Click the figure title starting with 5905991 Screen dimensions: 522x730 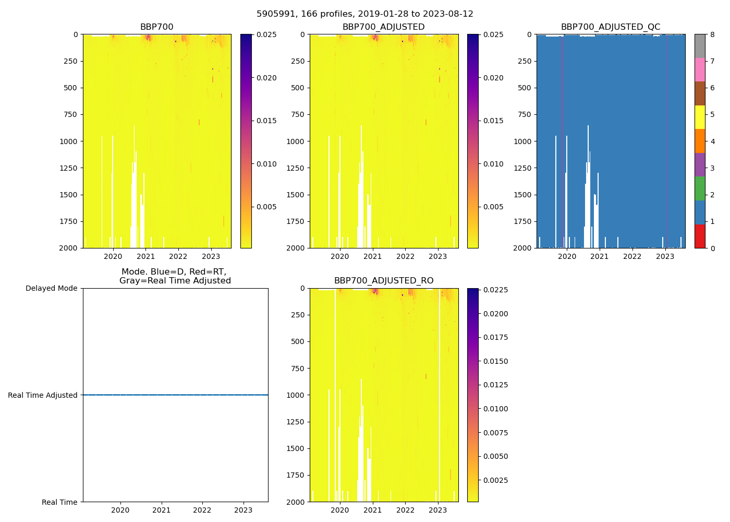pos(364,14)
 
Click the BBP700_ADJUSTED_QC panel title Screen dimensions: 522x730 pos(611,27)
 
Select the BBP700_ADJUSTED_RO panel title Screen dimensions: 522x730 pos(384,281)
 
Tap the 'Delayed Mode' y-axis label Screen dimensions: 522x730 pos(51,288)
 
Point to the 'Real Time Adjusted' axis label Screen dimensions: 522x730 pos(43,395)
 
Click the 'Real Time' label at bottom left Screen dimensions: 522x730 pos(59,502)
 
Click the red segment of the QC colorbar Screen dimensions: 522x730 pos(700,236)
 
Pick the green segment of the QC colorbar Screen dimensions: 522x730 pos(700,188)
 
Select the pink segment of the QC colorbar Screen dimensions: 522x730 pos(700,70)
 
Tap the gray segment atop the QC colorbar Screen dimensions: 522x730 pos(700,46)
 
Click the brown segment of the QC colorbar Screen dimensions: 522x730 pos(700,93)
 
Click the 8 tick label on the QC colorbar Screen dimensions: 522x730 pos(713,34)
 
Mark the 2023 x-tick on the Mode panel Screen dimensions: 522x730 pos(243,510)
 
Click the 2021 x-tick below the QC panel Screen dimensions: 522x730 pos(600,256)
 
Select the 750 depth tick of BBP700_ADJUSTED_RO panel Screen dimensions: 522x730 pos(298,369)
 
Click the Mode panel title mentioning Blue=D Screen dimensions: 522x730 pos(175,276)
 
